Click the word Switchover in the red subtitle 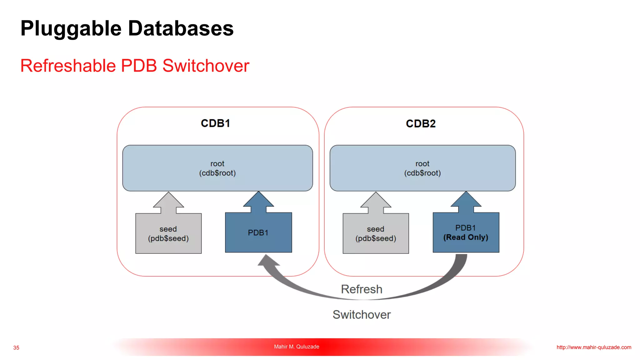click(206, 66)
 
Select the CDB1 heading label click(215, 123)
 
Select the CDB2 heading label click(421, 124)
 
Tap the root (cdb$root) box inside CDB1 click(217, 168)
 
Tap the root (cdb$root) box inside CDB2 click(422, 168)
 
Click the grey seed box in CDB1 click(168, 234)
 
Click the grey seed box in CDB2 click(376, 234)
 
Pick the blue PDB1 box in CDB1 click(258, 233)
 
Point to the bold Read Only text click(466, 237)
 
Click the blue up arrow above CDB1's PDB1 click(258, 202)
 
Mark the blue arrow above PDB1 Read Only click(466, 202)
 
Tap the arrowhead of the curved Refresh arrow click(267, 261)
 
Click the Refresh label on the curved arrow click(362, 289)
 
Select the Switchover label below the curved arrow click(362, 315)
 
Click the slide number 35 click(16, 348)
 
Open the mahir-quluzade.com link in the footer click(594, 347)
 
